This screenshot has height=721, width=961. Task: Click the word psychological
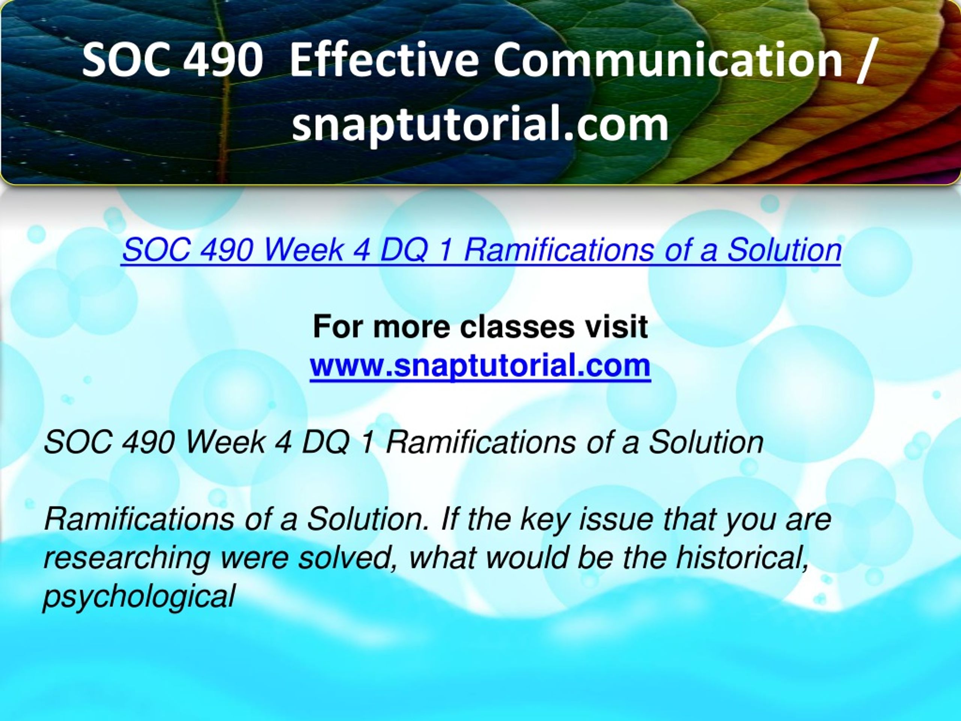(139, 597)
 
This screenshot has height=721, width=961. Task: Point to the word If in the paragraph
(447, 519)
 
